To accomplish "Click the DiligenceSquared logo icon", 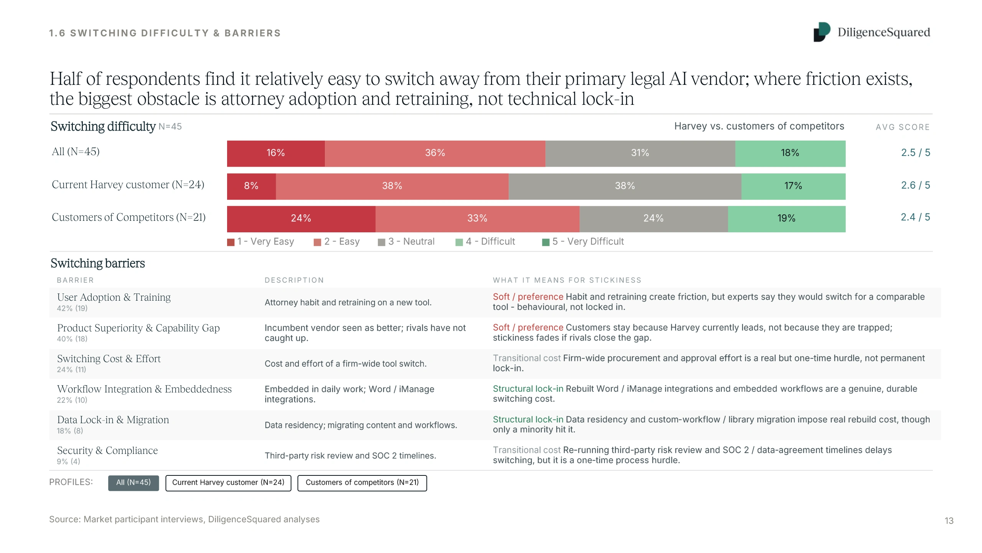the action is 822,32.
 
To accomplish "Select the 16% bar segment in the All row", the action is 276,154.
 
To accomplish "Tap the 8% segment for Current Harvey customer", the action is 251,186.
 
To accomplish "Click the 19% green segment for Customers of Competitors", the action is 787,219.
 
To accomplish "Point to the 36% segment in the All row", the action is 435,154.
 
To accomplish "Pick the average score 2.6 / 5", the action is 915,185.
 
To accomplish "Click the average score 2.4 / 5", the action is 915,217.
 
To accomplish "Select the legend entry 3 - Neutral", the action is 406,242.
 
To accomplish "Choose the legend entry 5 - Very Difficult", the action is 583,242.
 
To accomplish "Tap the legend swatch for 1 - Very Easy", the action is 231,242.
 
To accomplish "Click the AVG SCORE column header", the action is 903,127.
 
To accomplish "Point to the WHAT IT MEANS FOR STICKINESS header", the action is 567,280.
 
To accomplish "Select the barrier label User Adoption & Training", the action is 114,297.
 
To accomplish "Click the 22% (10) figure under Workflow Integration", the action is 72,400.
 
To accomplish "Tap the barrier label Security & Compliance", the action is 107,450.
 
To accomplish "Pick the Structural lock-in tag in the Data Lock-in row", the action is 528,419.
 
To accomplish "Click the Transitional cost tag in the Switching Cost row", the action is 527,358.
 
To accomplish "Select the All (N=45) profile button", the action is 133,483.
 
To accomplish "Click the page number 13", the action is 949,521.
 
